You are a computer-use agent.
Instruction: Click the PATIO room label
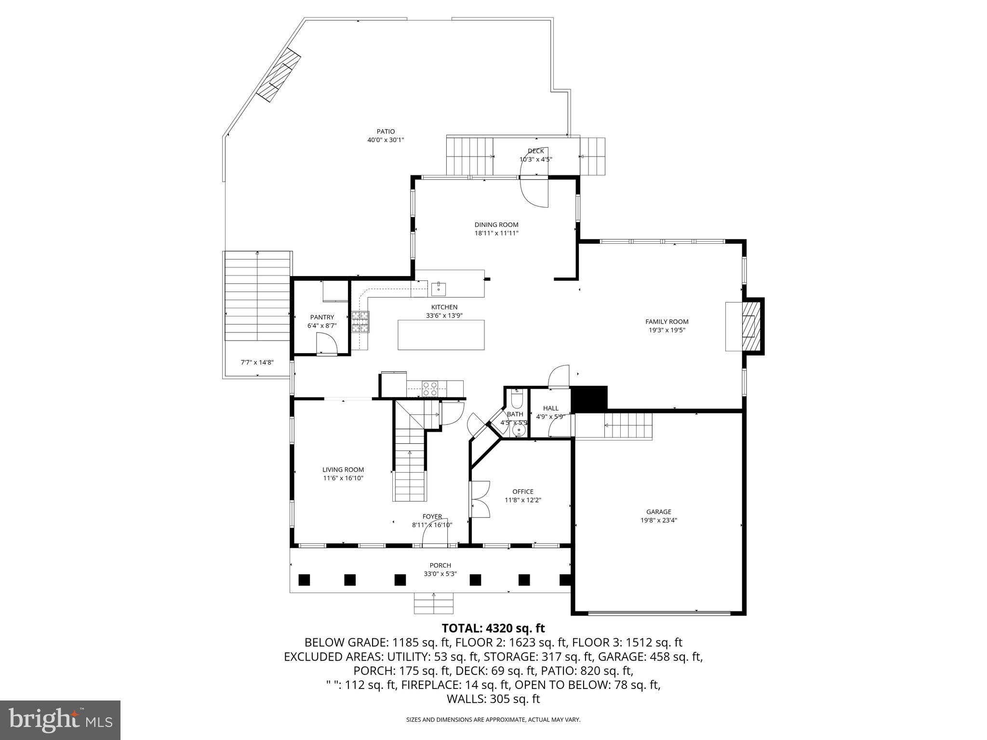(386, 132)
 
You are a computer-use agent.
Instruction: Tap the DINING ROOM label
(496, 225)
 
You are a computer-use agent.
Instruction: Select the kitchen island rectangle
(441, 334)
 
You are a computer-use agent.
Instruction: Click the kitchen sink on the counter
(439, 289)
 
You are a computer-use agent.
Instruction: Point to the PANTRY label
(322, 317)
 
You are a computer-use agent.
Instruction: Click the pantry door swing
(326, 344)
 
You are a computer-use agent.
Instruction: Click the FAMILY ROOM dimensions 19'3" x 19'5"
(667, 330)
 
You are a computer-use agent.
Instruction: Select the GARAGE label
(658, 512)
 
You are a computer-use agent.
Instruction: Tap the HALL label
(550, 408)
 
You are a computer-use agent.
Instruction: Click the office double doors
(480, 500)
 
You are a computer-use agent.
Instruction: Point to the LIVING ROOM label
(343, 469)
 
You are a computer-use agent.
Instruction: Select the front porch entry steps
(434, 603)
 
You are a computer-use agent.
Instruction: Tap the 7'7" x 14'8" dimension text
(257, 362)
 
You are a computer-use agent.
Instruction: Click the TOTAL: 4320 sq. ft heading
(493, 628)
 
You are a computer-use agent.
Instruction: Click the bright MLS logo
(60, 720)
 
